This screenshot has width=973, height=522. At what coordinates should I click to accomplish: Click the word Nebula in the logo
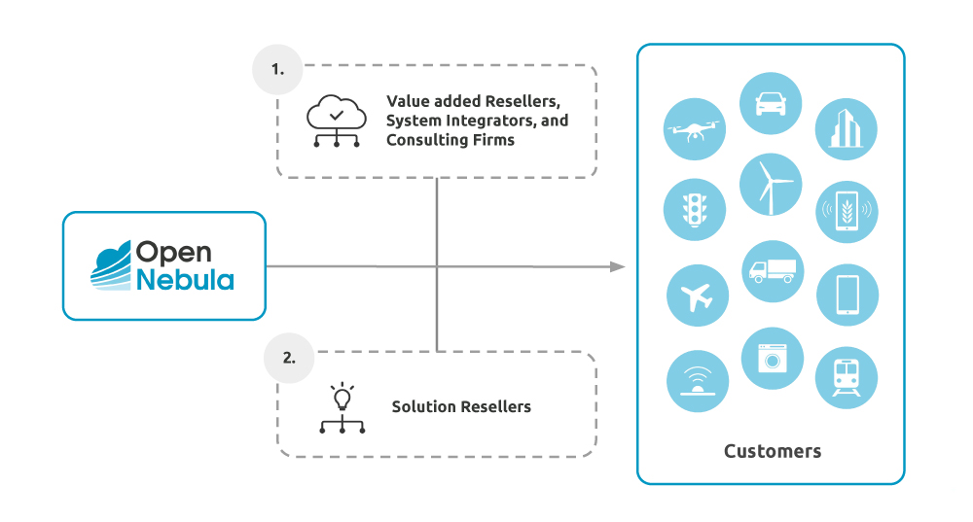coord(185,281)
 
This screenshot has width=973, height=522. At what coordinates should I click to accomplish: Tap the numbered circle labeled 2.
coord(289,357)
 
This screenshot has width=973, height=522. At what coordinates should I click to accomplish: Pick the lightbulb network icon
coord(342,408)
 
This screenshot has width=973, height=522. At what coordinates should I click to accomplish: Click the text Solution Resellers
coord(461,406)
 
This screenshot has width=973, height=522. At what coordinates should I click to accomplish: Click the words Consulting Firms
coord(450,140)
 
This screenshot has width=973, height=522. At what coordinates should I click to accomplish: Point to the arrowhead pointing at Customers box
coord(617,266)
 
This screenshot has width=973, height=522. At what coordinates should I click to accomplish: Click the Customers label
coord(772,451)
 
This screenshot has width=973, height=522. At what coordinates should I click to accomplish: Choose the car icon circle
coord(772,102)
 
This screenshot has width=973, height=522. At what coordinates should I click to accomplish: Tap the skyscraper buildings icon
coord(846,129)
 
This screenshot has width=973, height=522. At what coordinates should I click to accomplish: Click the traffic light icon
coord(696,209)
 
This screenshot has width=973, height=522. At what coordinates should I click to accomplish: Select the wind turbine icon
coord(772,184)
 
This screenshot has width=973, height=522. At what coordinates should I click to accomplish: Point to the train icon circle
coord(846,377)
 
